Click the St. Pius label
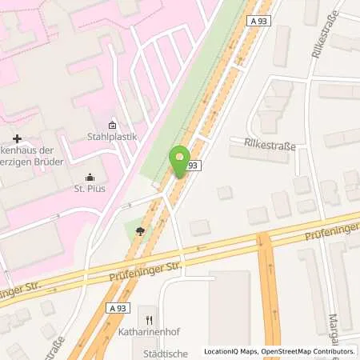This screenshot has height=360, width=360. click(x=89, y=189)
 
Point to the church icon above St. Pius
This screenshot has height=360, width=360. click(x=89, y=178)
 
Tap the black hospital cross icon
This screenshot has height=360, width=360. click(x=17, y=139)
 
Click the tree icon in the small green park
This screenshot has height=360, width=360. click(x=141, y=232)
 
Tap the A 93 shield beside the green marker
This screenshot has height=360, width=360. click(x=192, y=165)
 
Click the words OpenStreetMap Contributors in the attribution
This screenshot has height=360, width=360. click(x=312, y=351)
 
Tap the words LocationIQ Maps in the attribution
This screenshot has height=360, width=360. click(x=230, y=351)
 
